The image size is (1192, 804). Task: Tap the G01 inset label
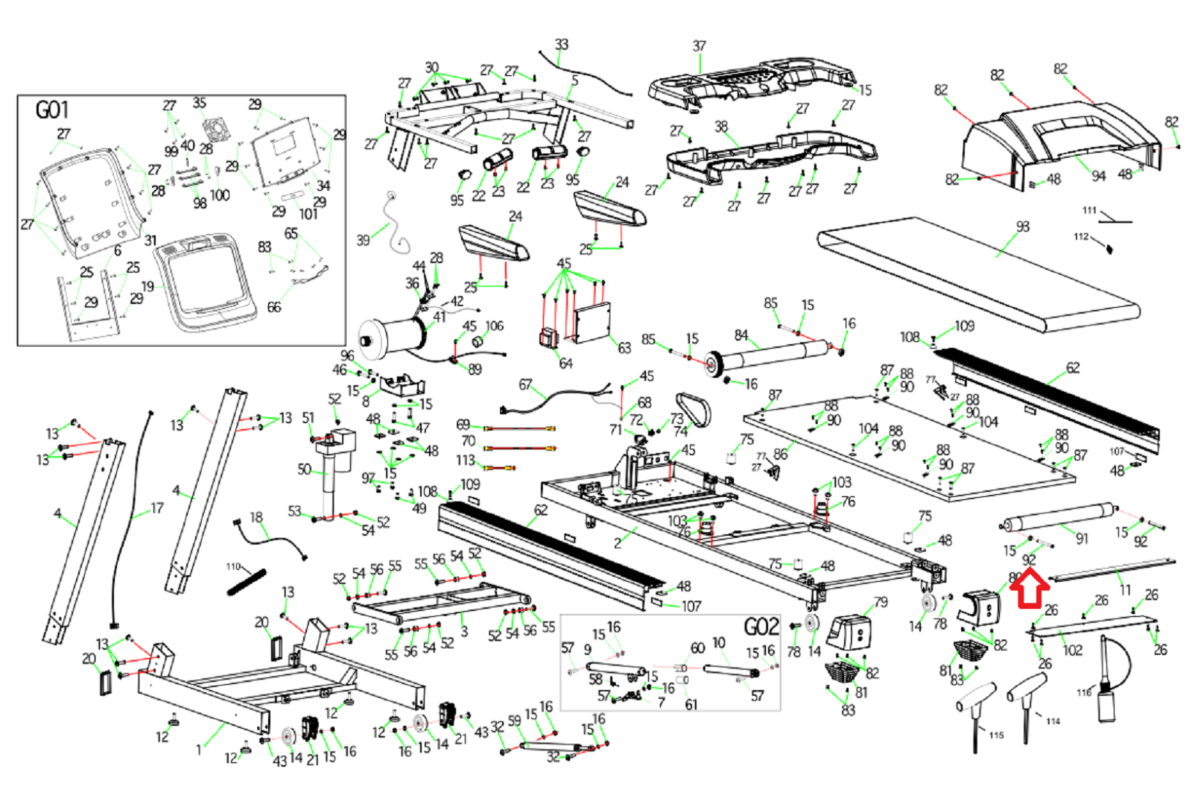tap(51, 110)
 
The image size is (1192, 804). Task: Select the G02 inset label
tap(761, 627)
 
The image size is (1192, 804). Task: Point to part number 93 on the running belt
tap(1022, 226)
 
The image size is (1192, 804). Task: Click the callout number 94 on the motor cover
tap(1098, 176)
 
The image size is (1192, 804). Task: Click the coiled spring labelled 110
tap(247, 582)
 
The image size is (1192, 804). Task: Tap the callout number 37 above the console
tap(699, 46)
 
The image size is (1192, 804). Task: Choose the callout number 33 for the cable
tap(561, 44)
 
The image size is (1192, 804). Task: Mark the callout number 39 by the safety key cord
tap(363, 240)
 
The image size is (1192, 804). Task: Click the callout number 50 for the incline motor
tap(304, 469)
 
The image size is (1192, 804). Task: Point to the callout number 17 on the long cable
tap(156, 508)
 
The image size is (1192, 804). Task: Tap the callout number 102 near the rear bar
tap(1072, 650)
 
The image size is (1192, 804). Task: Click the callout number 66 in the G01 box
tap(273, 307)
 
